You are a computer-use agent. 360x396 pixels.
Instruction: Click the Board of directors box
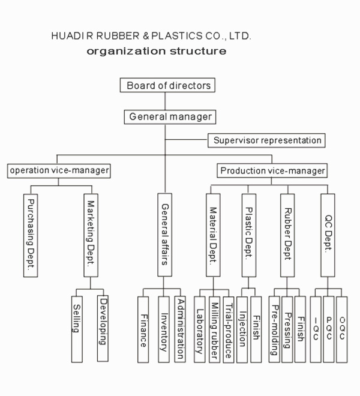pyautogui.click(x=169, y=85)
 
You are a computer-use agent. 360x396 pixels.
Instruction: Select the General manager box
pyautogui.click(x=170, y=116)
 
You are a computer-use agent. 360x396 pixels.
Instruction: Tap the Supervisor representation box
pyautogui.click(x=267, y=140)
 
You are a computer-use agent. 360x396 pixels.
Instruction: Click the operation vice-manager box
pyautogui.click(x=59, y=170)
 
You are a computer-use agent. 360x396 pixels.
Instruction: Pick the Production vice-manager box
pyautogui.click(x=272, y=170)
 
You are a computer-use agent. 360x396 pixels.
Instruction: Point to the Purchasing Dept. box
pyautogui.click(x=32, y=235)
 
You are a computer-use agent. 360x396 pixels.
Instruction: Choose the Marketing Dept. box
pyautogui.click(x=91, y=235)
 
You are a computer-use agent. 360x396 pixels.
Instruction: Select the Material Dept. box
pyautogui.click(x=212, y=235)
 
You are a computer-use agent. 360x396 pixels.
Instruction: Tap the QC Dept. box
pyautogui.click(x=328, y=235)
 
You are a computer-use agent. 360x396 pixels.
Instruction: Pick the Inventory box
pyautogui.click(x=164, y=329)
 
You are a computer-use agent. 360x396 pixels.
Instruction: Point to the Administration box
pyautogui.click(x=178, y=329)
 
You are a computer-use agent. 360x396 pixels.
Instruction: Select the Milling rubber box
pyautogui.click(x=214, y=329)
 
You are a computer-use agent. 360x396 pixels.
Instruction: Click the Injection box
pyautogui.click(x=242, y=329)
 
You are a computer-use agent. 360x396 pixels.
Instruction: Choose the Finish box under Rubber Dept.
pyautogui.click(x=299, y=329)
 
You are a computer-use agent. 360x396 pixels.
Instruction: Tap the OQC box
pyautogui.click(x=342, y=329)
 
